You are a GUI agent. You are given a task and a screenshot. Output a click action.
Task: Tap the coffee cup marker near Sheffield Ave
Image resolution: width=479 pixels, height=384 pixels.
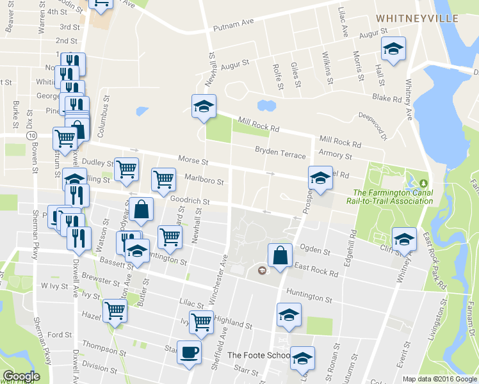[189, 353]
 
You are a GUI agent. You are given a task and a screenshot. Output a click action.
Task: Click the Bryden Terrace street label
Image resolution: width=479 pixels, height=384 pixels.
[280, 150]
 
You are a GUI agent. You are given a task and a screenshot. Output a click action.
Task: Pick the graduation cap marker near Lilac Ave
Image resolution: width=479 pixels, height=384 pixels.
[393, 49]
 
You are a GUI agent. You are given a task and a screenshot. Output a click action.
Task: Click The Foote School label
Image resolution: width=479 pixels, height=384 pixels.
[253, 355]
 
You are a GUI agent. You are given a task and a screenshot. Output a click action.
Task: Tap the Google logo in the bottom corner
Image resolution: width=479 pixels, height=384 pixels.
[21, 376]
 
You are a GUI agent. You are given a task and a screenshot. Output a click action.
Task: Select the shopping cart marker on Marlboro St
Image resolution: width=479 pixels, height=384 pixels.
[164, 179]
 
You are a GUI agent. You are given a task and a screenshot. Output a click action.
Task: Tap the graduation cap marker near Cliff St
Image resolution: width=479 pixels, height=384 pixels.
[404, 239]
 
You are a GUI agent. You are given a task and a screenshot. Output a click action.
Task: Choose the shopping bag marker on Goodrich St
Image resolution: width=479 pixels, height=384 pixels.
[141, 209]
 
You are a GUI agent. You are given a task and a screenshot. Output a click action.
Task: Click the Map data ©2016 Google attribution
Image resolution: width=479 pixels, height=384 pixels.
[439, 379]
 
